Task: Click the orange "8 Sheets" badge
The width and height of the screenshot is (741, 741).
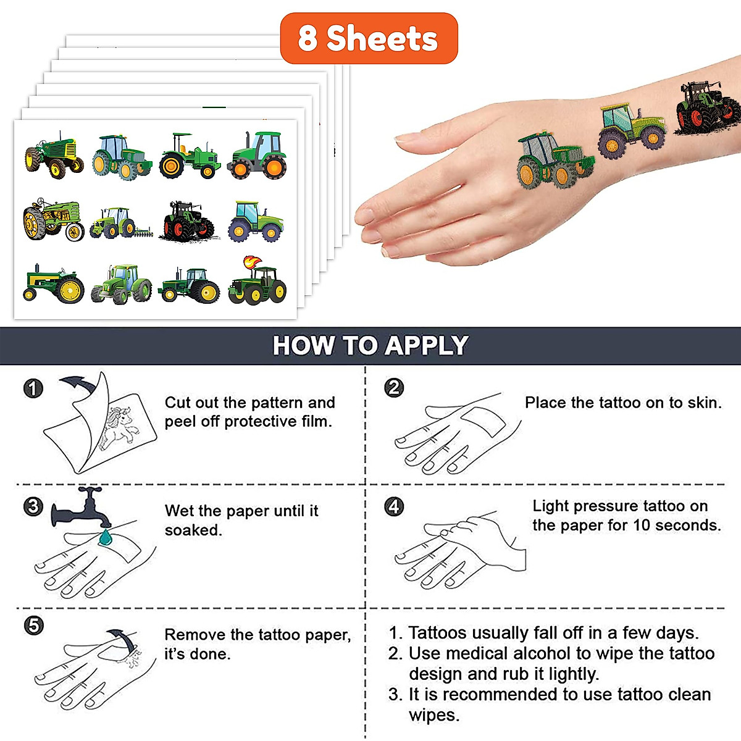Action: (369, 38)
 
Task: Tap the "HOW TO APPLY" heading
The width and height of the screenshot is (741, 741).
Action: (371, 346)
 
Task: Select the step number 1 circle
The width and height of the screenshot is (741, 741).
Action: (33, 388)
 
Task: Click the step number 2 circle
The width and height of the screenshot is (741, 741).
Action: (394, 388)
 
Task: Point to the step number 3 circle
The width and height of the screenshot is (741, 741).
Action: (33, 507)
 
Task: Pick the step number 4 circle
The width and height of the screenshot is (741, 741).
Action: (394, 507)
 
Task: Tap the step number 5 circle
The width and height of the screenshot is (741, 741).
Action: (33, 626)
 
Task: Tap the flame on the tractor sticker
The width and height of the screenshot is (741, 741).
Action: (251, 262)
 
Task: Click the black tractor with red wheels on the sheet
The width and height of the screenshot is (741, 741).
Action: (189, 220)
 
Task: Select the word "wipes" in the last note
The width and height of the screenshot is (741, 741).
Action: (433, 715)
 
